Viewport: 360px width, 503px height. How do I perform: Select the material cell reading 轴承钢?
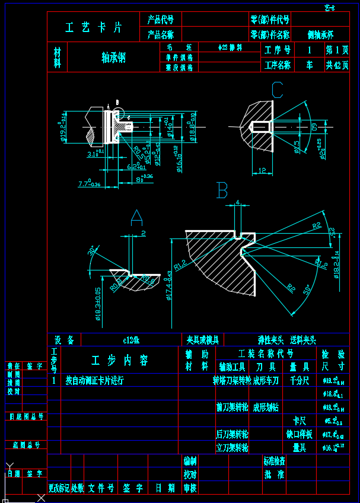point(113,57)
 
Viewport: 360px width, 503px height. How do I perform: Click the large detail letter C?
point(277,90)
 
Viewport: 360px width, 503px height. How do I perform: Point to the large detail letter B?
point(222,190)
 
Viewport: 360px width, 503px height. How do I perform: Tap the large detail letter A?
point(136,218)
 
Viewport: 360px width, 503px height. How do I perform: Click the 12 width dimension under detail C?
point(262,171)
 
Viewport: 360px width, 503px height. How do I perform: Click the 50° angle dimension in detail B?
point(307,291)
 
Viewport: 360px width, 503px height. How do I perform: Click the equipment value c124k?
point(130,340)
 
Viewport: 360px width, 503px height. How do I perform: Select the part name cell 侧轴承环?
point(320,35)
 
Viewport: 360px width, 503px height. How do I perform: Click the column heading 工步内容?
point(119,361)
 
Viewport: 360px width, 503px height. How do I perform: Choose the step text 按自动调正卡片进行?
point(95,380)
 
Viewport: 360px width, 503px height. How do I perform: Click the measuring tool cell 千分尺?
point(299,380)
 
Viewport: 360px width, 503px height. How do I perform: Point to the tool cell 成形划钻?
point(266,408)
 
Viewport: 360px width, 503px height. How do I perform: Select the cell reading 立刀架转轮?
point(232,447)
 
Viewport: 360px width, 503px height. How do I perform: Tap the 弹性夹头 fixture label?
point(270,340)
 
